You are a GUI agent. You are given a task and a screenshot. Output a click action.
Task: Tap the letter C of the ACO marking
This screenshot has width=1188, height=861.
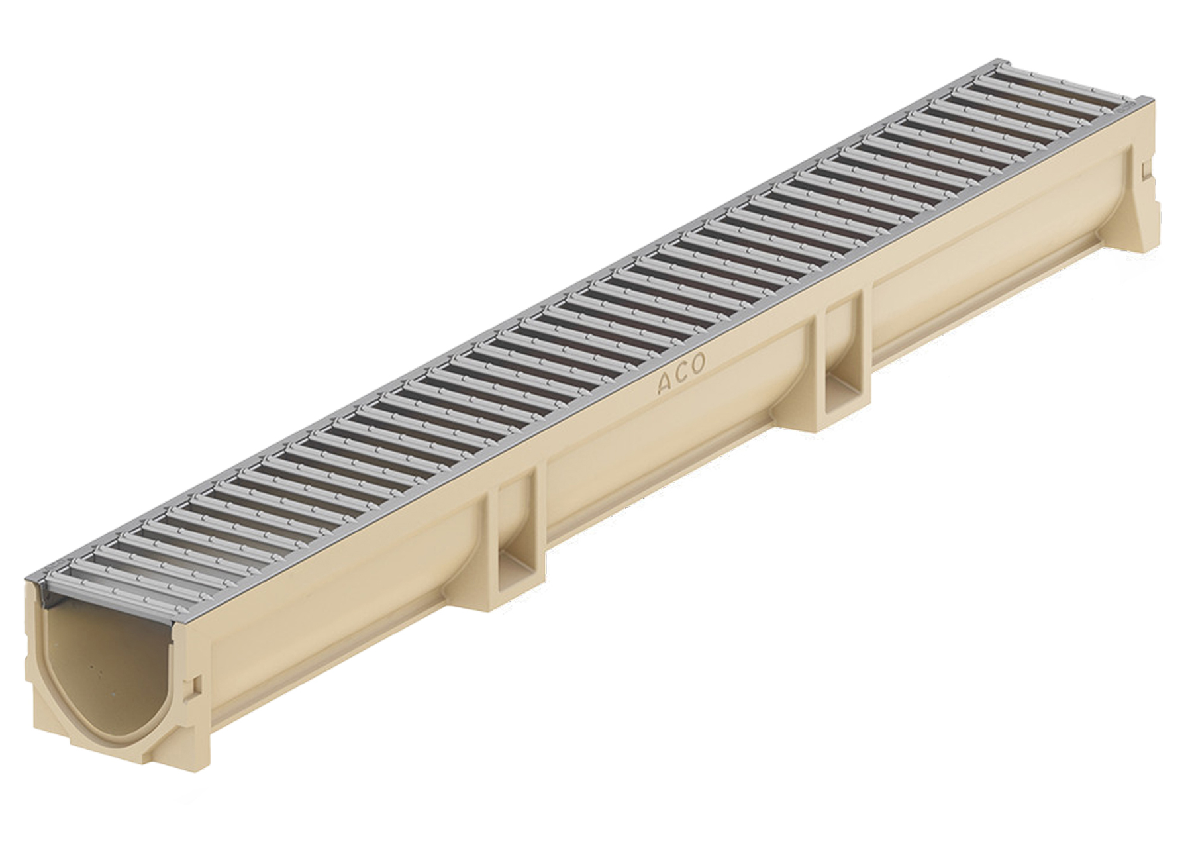point(681,374)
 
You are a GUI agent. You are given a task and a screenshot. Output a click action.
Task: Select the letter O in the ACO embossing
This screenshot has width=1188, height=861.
point(698,363)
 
